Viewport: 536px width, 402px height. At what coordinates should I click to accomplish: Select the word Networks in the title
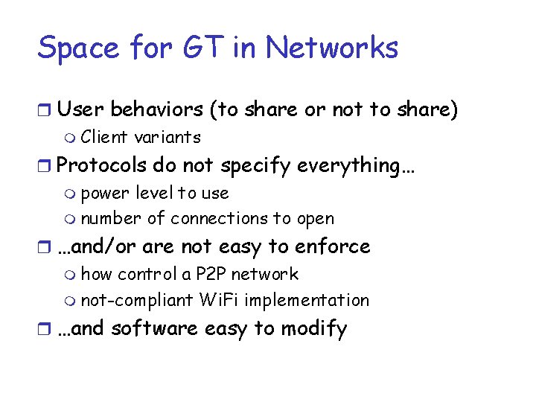point(332,48)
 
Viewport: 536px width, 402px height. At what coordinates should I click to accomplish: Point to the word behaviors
point(156,109)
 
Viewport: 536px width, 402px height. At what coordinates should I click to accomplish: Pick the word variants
point(168,137)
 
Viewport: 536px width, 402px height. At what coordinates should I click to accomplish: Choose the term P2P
point(212,274)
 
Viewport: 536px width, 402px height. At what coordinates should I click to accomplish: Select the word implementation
point(307,301)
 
